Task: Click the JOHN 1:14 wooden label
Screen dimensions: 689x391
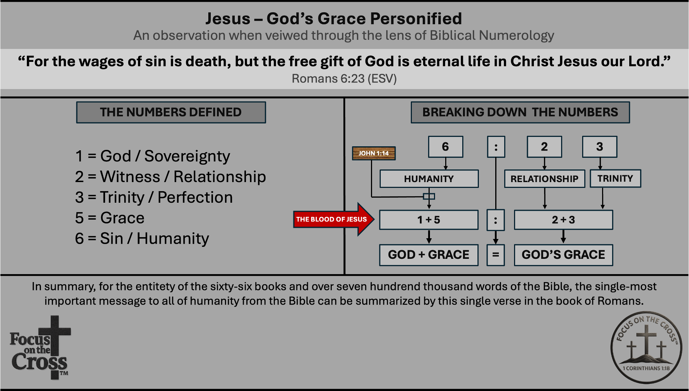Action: pos(374,153)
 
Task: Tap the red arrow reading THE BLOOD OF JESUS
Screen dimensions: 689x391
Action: pos(333,219)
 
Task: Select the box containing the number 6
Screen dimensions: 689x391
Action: pos(446,147)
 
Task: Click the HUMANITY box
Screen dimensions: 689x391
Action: pos(429,178)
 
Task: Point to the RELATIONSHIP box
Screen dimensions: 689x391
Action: pos(544,178)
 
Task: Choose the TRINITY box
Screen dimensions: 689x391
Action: pos(615,178)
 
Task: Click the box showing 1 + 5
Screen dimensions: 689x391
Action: pos(429,220)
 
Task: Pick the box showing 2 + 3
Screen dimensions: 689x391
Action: pos(563,220)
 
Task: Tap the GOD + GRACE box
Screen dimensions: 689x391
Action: pos(429,255)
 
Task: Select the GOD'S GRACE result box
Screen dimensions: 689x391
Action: pos(563,255)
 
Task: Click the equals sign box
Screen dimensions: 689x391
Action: pos(496,255)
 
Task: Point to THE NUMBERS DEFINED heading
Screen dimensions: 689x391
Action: pos(171,112)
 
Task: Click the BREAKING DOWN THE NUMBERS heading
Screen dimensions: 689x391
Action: pos(520,112)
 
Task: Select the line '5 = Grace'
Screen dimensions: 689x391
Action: pos(110,218)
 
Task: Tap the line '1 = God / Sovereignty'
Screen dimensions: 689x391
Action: pos(153,156)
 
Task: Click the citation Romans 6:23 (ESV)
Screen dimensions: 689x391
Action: pos(344,79)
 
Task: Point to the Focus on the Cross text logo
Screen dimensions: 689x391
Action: pos(40,348)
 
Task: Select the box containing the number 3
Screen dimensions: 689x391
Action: pos(600,147)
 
